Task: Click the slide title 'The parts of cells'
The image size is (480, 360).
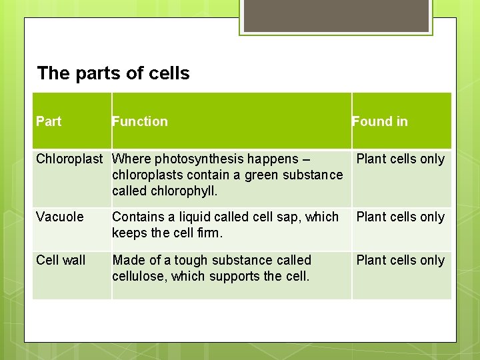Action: [113, 73]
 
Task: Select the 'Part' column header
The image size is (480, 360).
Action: [49, 121]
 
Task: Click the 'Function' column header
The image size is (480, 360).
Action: [140, 121]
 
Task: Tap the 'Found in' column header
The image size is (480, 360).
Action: [380, 121]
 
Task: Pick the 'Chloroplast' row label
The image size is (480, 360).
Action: [69, 159]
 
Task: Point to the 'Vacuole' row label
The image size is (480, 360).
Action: [60, 217]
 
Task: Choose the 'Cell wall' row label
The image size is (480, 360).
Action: [61, 260]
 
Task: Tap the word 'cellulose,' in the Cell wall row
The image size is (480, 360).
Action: [139, 276]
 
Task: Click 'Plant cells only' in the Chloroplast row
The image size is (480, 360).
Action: [400, 159]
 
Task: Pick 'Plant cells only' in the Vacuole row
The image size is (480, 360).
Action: [400, 217]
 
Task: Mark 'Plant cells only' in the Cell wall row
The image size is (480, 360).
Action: [400, 260]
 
